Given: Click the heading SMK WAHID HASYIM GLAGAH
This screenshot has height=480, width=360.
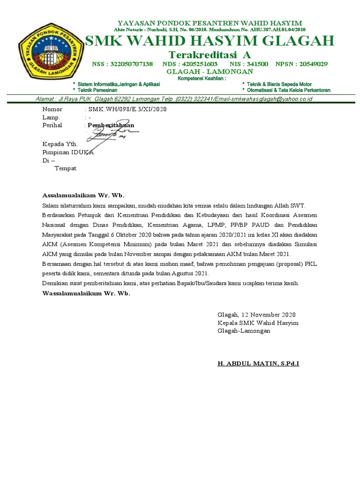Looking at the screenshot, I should pyautogui.click(x=210, y=41).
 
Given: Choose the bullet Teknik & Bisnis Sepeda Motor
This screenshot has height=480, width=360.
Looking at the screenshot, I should pyautogui.click(x=279, y=84).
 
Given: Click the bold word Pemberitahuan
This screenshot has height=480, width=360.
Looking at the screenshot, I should pyautogui.click(x=111, y=125).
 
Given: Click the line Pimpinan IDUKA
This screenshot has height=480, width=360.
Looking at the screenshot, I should pyautogui.click(x=68, y=152).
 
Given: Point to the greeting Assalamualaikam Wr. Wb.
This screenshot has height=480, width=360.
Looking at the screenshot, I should pyautogui.click(x=83, y=195).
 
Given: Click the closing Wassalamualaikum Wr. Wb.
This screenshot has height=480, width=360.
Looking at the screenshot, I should pyautogui.click(x=86, y=293).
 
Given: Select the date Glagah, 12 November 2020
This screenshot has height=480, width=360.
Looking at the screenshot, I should pyautogui.click(x=256, y=315).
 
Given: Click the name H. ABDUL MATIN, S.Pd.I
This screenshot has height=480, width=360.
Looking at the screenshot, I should pyautogui.click(x=258, y=364).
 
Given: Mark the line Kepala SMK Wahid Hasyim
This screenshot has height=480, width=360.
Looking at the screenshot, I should pyautogui.click(x=258, y=323).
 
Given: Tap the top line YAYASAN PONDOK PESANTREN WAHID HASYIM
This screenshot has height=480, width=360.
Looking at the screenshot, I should pyautogui.click(x=210, y=23).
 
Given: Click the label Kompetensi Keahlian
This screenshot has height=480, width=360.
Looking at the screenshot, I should pyautogui.click(x=202, y=78).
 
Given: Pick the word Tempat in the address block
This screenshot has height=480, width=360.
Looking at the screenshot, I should pyautogui.click(x=66, y=168).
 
